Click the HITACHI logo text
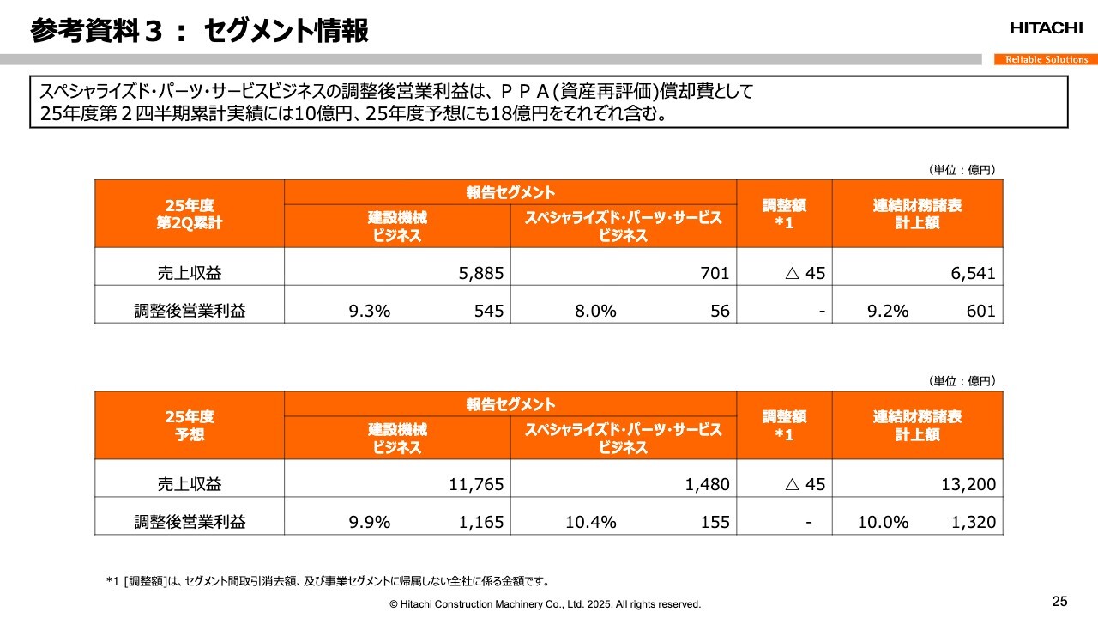[x=1046, y=28]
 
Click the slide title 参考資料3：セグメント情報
[x=199, y=31]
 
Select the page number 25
[x=1060, y=600]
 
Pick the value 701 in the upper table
[x=715, y=274]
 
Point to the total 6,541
[x=974, y=274]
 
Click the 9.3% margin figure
[x=370, y=312]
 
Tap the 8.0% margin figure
[x=595, y=312]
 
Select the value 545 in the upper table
[x=489, y=312]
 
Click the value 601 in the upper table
[x=980, y=312]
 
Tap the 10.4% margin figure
[x=590, y=522]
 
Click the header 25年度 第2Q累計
[x=189, y=213]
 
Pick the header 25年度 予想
[x=189, y=425]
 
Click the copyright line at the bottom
[x=545, y=604]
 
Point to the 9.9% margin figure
[x=370, y=522]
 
